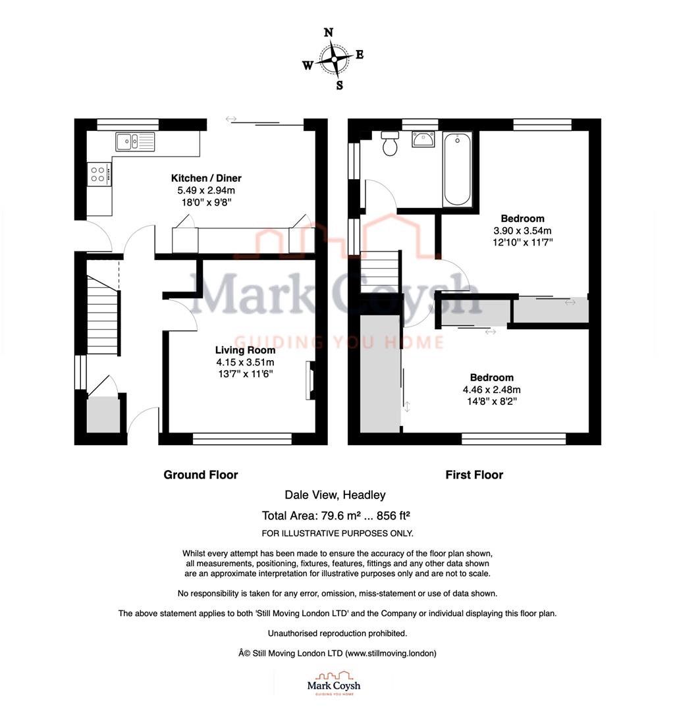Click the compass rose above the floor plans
pyautogui.click(x=334, y=59)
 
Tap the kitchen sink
pyautogui.click(x=135, y=141)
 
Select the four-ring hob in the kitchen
pyautogui.click(x=99, y=174)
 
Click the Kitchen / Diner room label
pyautogui.click(x=206, y=178)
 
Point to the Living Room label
pyautogui.click(x=244, y=350)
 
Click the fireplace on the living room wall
pyautogui.click(x=310, y=381)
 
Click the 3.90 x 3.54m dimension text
pyautogui.click(x=522, y=230)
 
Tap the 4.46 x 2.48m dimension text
pyautogui.click(x=491, y=390)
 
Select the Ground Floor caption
pyautogui.click(x=201, y=475)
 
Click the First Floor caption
pyautogui.click(x=474, y=475)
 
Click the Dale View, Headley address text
pyautogui.click(x=335, y=495)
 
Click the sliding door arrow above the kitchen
pyautogui.click(x=231, y=119)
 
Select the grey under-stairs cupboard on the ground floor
pyautogui.click(x=104, y=415)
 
